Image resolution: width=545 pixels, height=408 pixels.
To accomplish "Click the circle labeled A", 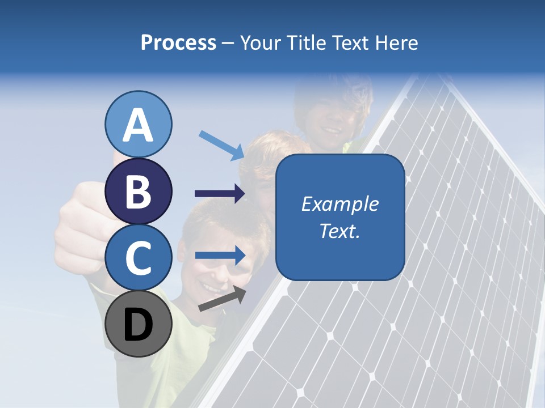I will point(139,124).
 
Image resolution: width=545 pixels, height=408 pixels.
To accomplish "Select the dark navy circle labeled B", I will point(139,191).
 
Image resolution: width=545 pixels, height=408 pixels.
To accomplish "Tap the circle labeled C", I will point(139,257).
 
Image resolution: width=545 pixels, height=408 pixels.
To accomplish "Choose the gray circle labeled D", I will point(139,324).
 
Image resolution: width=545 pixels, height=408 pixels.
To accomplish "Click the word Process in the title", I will point(178,42).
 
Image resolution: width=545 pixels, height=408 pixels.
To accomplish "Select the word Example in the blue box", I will point(339,204).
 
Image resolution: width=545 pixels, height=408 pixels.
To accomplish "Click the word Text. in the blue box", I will point(339,231).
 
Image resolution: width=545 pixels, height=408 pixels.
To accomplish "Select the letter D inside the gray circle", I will point(139,325).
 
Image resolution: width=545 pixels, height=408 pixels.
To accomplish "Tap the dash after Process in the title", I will point(228,43).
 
